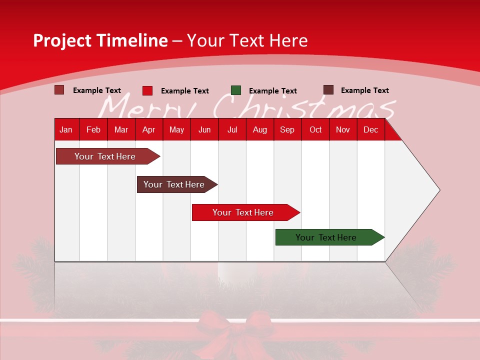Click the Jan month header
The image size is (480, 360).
coord(66,129)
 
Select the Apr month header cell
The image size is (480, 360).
coord(148,129)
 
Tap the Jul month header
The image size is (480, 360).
coord(232,129)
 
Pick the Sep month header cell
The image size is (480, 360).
coord(287,129)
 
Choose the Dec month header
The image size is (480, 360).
coord(370,129)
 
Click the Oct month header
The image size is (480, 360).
coord(315,129)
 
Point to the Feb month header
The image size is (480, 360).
coord(93,129)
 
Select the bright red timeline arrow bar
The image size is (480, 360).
coord(243,212)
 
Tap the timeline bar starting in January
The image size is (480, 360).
coord(105,156)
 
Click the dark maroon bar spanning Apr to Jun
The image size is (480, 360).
coord(174,184)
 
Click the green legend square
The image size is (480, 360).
coord(236,90)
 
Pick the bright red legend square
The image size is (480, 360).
coord(147,90)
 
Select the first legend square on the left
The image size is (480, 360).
coord(59,90)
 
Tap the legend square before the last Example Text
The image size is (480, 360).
coord(328,90)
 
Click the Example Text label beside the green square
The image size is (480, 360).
coord(272,91)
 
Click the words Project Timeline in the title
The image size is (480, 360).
coord(100,40)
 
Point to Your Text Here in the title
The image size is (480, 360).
coord(247,40)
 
